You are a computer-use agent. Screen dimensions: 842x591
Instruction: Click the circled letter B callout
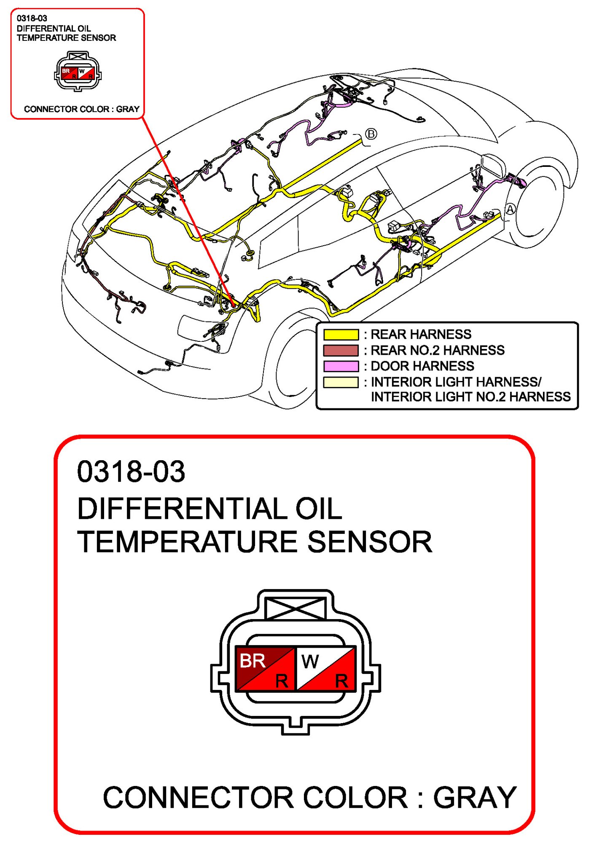371,134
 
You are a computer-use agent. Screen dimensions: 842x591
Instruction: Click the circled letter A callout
510,209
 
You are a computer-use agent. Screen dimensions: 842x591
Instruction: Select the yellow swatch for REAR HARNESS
341,335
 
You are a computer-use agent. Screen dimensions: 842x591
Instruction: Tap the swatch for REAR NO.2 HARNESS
341,350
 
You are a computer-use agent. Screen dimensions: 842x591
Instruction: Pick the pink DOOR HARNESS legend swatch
341,366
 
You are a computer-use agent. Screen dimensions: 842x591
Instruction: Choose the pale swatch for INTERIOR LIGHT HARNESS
341,382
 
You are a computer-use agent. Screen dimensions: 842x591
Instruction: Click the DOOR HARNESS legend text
422,366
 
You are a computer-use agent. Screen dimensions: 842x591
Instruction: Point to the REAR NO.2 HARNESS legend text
437,350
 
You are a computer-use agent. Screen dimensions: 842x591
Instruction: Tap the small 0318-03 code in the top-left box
32,18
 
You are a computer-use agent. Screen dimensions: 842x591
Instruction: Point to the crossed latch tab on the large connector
295,608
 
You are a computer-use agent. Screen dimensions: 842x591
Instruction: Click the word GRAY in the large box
475,797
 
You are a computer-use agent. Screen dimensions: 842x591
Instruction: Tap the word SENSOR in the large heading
370,542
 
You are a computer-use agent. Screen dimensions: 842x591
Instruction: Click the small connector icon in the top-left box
78,72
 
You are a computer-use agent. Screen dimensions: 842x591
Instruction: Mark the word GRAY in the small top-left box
128,109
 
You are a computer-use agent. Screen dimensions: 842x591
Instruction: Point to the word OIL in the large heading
319,509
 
